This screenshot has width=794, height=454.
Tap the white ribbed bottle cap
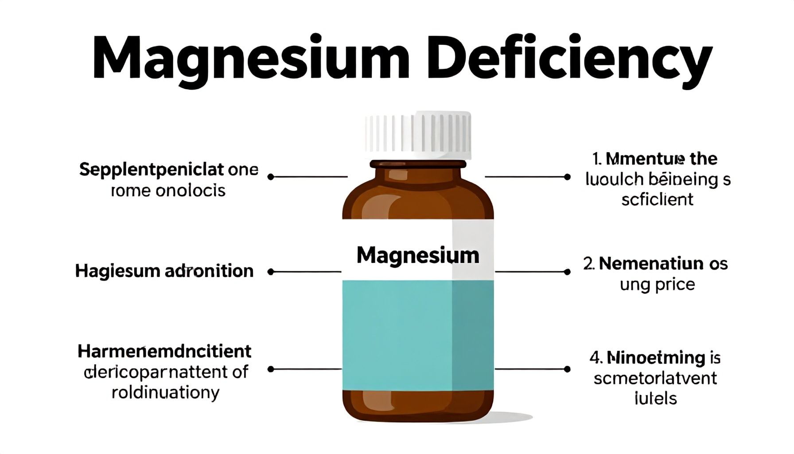click(x=417, y=135)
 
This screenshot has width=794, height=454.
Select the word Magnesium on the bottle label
click(x=418, y=256)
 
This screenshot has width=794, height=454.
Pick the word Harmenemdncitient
click(x=164, y=351)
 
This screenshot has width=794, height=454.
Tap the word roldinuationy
click(x=165, y=392)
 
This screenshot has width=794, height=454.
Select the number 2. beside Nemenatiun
click(x=589, y=264)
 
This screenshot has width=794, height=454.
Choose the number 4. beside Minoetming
click(x=595, y=357)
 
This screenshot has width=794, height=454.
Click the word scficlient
click(x=657, y=200)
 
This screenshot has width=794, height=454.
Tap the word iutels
click(x=656, y=398)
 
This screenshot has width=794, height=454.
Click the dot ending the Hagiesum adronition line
click(x=271, y=272)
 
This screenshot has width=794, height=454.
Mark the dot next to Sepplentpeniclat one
click(x=271, y=177)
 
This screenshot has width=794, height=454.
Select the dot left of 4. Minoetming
click(x=567, y=369)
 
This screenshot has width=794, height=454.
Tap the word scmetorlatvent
click(x=655, y=378)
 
